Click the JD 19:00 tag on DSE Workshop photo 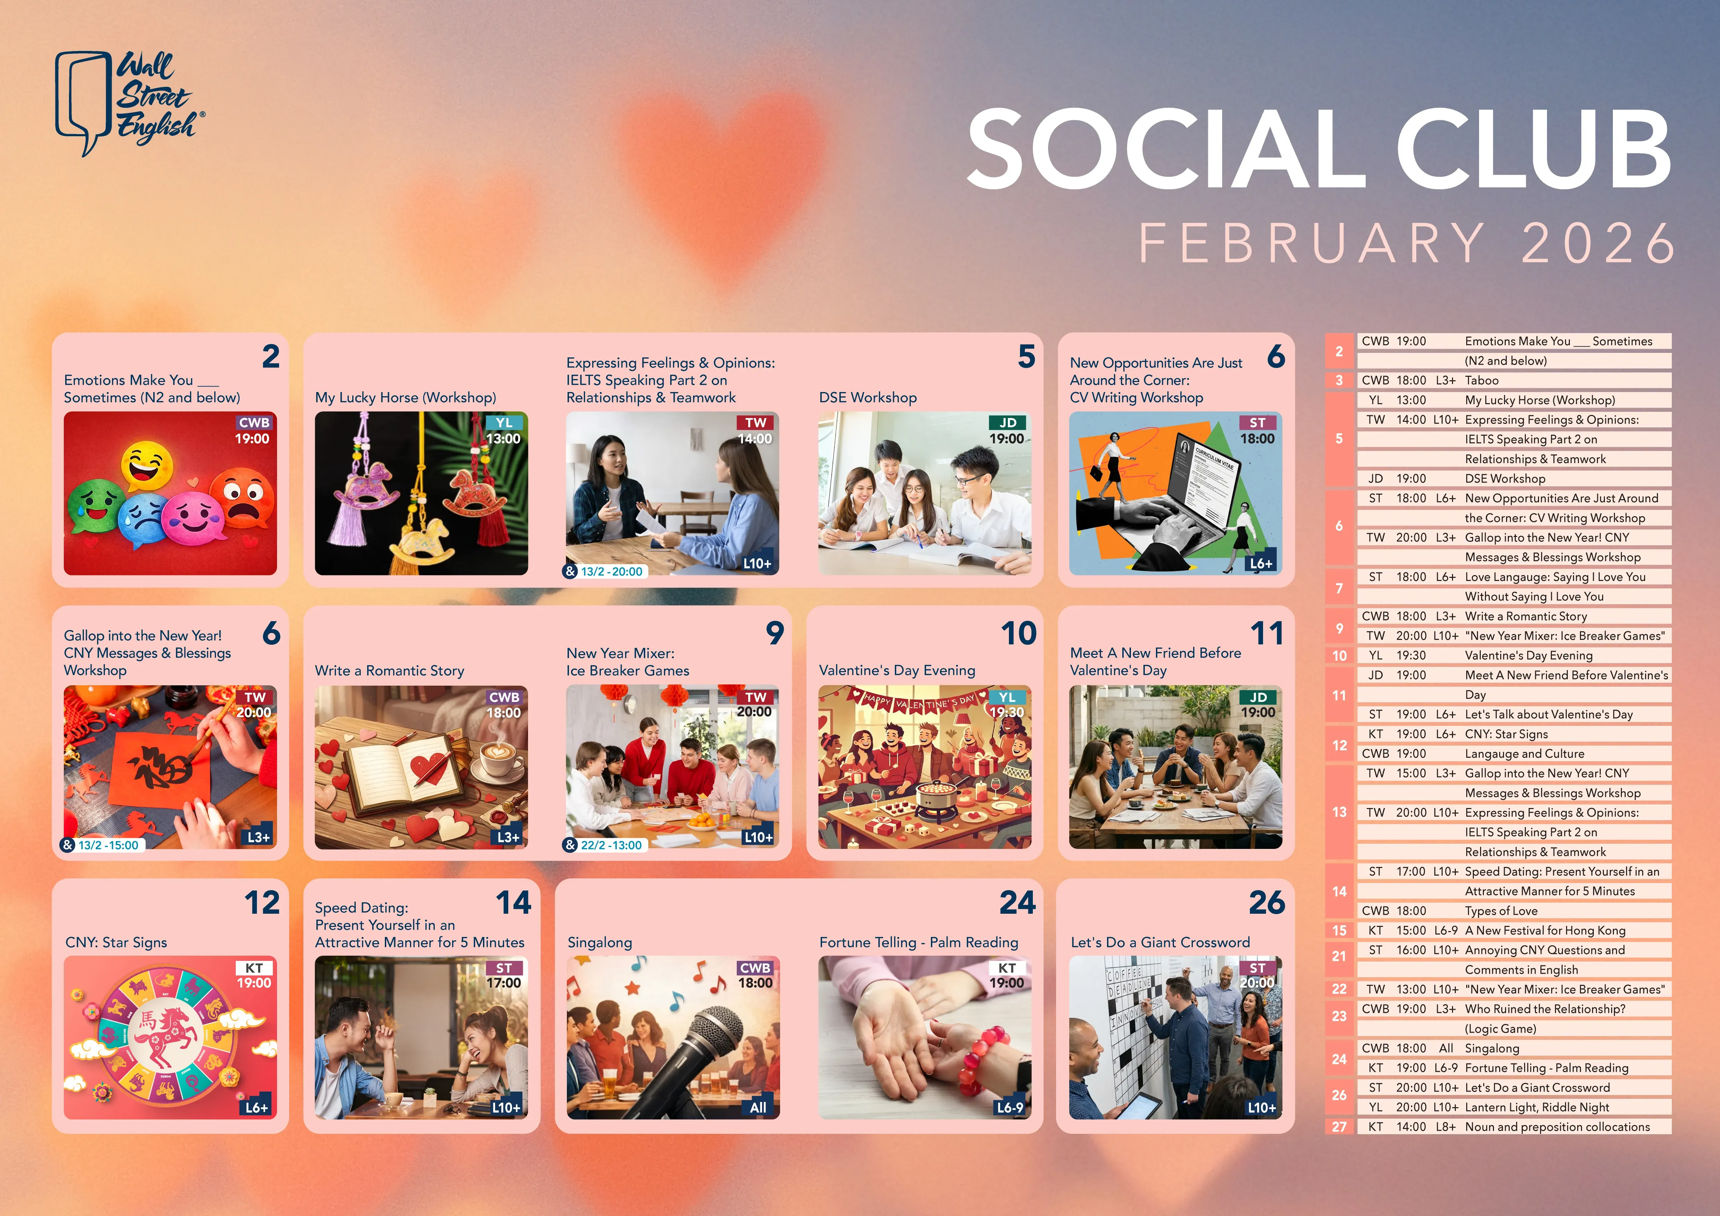pos(1007,431)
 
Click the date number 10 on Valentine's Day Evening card pos(1019,633)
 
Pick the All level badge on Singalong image pos(758,1108)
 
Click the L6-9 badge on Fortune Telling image pos(1009,1108)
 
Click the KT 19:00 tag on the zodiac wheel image pos(254,975)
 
